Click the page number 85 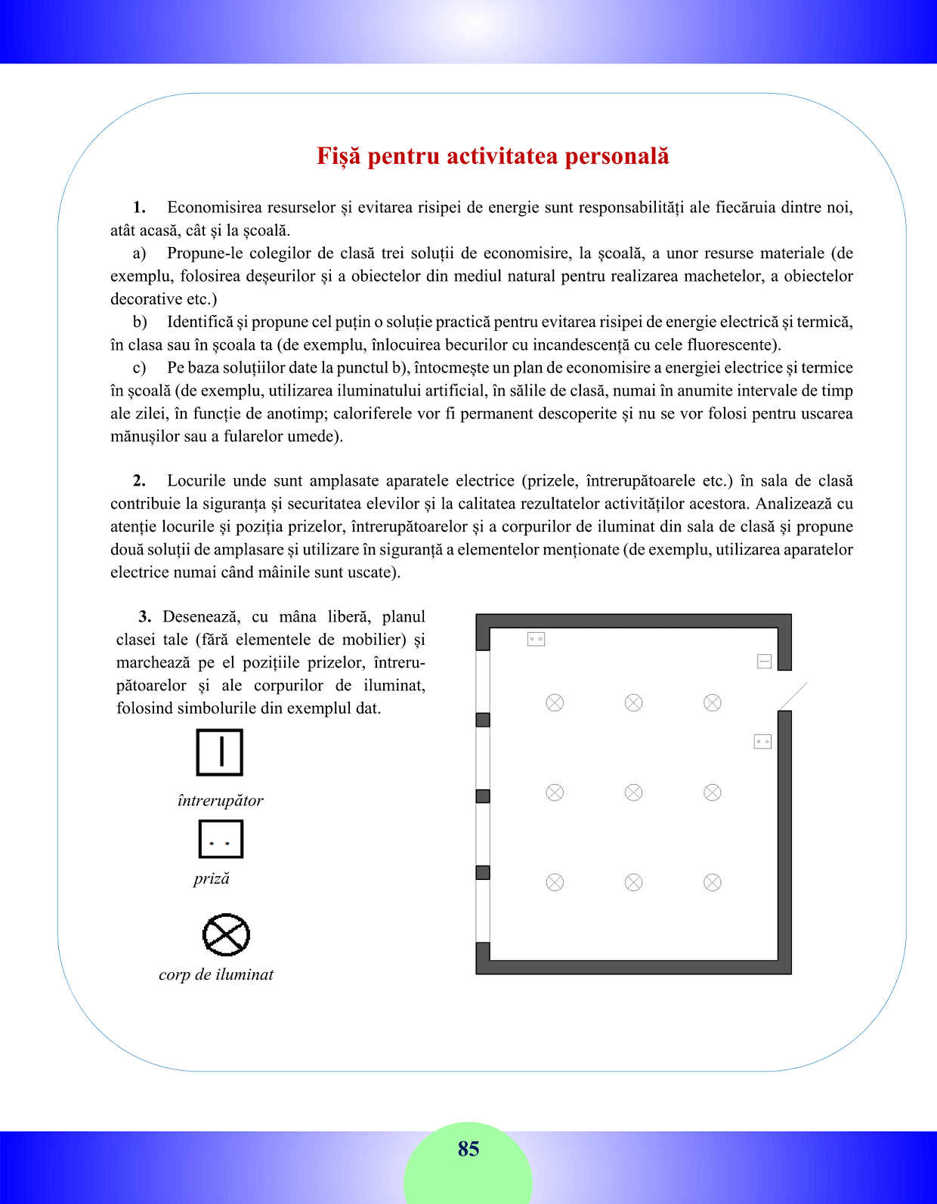tap(468, 1149)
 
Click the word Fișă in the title tap(339, 156)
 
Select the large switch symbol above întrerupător tap(220, 752)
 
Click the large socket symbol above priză tap(221, 840)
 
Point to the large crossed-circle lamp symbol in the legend tap(226, 934)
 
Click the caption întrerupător tap(220, 801)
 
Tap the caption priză tap(212, 878)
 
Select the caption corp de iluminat tap(216, 974)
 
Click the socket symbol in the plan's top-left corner tap(536, 639)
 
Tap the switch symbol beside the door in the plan tap(764, 662)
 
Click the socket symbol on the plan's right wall tap(762, 742)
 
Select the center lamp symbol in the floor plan tap(633, 792)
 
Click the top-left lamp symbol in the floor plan tap(555, 702)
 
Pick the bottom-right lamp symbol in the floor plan tap(713, 882)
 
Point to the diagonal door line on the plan tap(793, 696)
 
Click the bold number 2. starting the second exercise tap(139, 481)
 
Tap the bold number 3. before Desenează tap(145, 617)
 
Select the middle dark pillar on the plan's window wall tap(483, 796)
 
